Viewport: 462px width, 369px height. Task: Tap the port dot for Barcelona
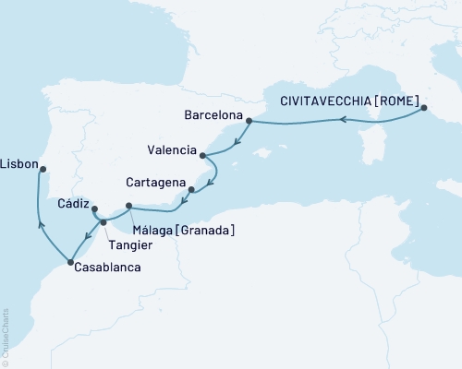point(249,117)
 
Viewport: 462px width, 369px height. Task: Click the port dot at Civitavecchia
point(424,108)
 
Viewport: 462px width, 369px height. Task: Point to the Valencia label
point(171,149)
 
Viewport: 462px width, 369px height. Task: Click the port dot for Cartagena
point(191,191)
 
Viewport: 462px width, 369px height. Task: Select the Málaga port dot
point(128,205)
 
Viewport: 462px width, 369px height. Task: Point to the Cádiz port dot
point(95,209)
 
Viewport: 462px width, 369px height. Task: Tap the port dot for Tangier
point(103,222)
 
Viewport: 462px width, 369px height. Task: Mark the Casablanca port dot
point(70,264)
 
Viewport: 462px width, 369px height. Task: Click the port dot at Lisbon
point(44,168)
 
